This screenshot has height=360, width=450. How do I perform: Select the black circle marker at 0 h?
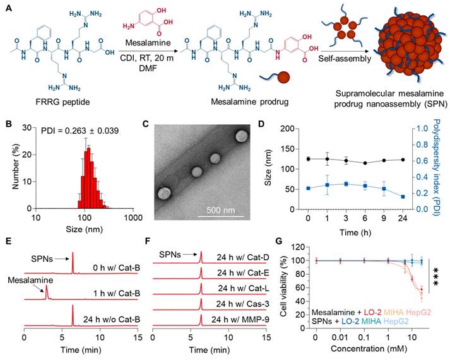pos(308,159)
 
